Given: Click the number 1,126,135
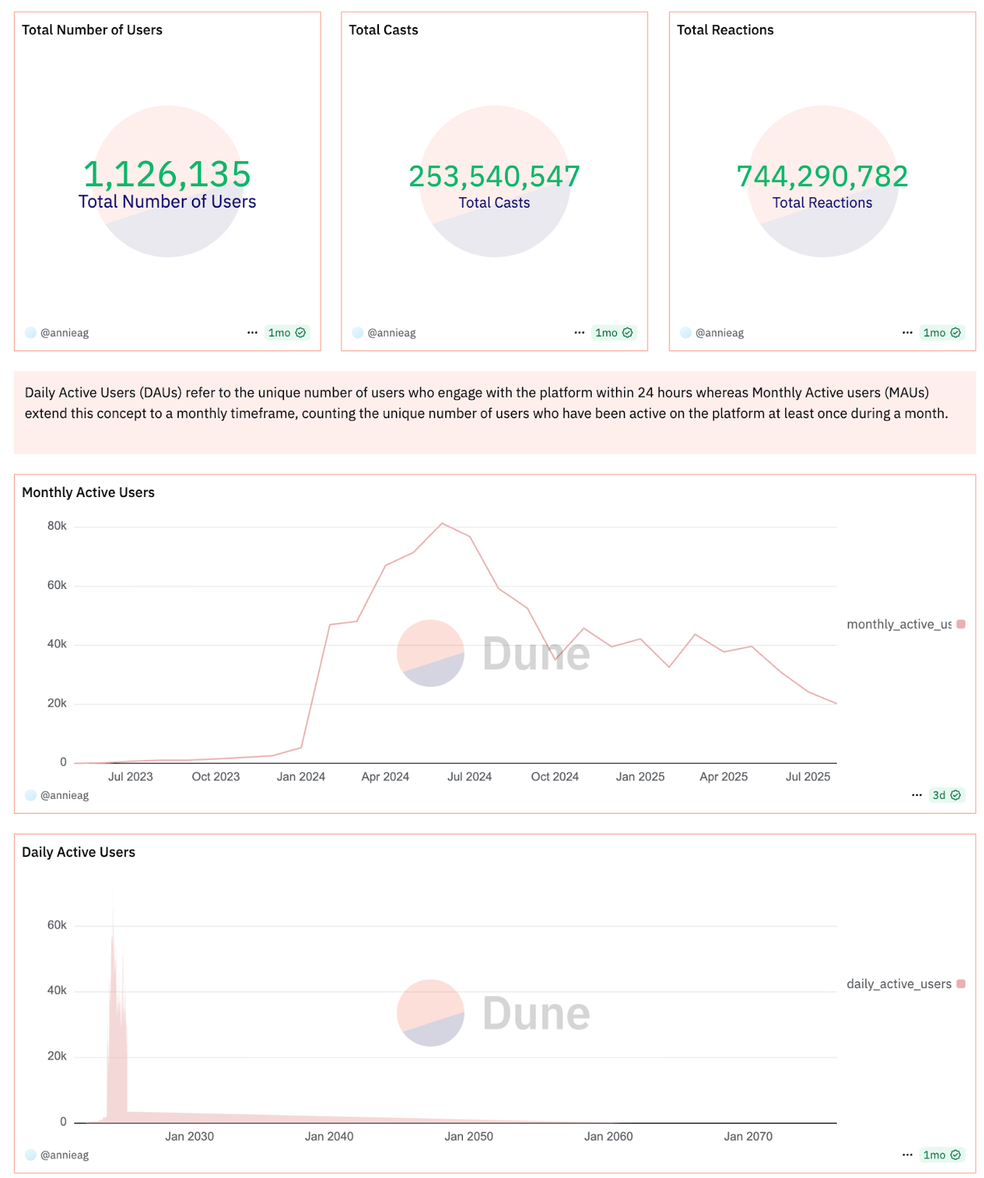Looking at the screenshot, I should pyautogui.click(x=167, y=174).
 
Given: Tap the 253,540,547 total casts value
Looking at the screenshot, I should pyautogui.click(x=494, y=177).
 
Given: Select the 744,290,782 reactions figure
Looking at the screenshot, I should pyautogui.click(x=822, y=177).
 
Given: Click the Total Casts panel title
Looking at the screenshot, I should pyautogui.click(x=383, y=30).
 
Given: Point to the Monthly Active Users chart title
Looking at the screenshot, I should pyautogui.click(x=88, y=493).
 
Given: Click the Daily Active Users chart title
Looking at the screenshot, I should pyautogui.click(x=79, y=853).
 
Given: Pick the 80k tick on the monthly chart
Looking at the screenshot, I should pyautogui.click(x=57, y=526).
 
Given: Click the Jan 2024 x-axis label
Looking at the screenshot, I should pyautogui.click(x=300, y=777).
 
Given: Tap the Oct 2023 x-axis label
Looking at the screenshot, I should pyautogui.click(x=216, y=777).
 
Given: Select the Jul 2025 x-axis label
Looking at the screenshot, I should pyautogui.click(x=807, y=777).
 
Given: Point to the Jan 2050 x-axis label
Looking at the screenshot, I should pyautogui.click(x=469, y=1137).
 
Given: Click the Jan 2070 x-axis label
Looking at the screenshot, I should pyautogui.click(x=748, y=1137).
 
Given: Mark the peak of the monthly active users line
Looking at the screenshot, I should pyautogui.click(x=442, y=523).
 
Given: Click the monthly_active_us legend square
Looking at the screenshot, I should pyautogui.click(x=960, y=624).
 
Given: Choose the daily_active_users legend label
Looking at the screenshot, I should pyautogui.click(x=899, y=984).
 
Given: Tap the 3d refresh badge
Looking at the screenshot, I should pyautogui.click(x=946, y=795).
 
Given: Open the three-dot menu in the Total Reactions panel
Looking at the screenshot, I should pyautogui.click(x=907, y=333).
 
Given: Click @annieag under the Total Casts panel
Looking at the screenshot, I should pyautogui.click(x=392, y=333).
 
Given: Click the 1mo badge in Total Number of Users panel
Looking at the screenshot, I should pyautogui.click(x=286, y=333).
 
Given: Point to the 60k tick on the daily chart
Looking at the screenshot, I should pyautogui.click(x=57, y=925).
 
